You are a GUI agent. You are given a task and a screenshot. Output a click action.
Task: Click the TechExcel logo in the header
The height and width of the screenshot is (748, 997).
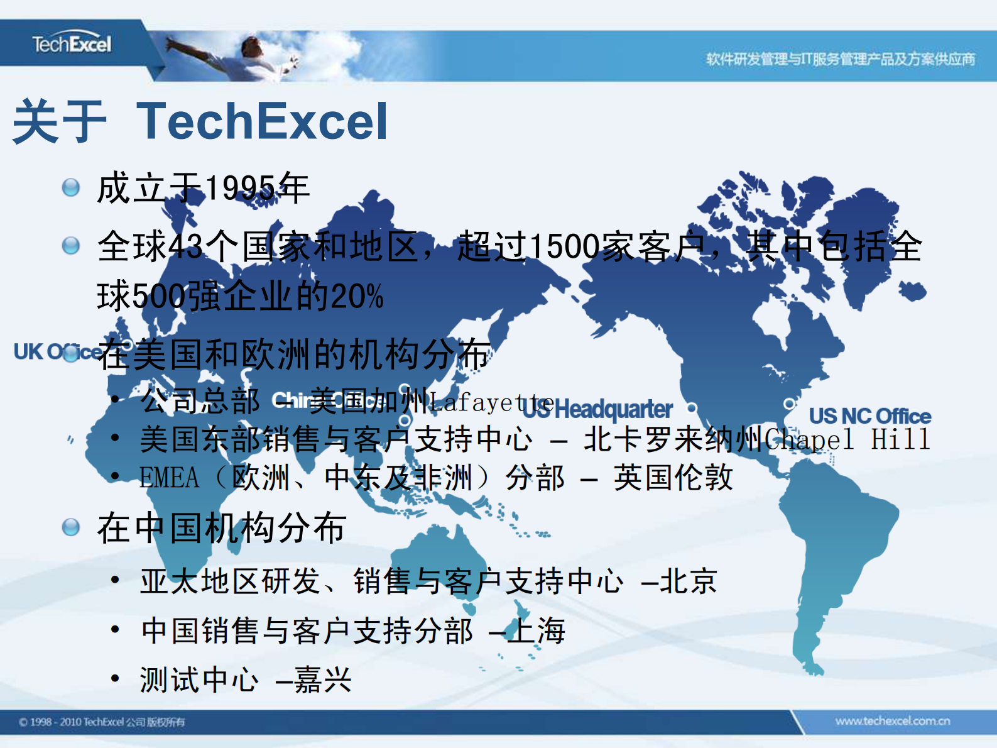[x=72, y=44]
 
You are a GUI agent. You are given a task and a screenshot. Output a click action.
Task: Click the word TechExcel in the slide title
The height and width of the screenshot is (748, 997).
[x=262, y=121]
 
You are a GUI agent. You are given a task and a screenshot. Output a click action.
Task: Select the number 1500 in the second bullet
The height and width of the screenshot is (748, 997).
[x=564, y=246]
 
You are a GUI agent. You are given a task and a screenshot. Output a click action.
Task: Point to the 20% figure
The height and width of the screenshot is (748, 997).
[x=357, y=297]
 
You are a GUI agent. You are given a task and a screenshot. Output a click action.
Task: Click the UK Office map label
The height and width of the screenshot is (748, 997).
[x=57, y=352]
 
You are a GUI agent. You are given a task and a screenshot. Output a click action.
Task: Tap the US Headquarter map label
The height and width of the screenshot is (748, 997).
[x=598, y=410]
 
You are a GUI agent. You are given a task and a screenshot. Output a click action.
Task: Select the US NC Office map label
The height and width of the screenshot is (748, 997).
[x=869, y=416]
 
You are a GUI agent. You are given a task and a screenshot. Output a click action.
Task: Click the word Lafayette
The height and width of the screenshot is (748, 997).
[x=491, y=402]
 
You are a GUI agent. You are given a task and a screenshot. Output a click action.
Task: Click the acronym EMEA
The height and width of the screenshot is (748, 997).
[x=169, y=478]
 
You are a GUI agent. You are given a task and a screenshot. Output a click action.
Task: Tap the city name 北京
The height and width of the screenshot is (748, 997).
[x=689, y=581]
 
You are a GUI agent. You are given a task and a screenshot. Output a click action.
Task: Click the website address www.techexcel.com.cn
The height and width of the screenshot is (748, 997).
[x=892, y=721]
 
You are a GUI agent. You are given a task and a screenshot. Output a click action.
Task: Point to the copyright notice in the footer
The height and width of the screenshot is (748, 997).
[x=102, y=722]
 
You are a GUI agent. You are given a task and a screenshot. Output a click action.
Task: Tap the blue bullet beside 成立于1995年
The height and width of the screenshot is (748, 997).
[x=71, y=187]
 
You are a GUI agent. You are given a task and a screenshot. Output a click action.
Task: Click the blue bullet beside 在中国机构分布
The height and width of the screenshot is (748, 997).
[x=71, y=527]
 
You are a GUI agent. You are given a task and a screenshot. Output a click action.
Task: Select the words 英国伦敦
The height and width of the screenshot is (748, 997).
[x=673, y=478]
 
